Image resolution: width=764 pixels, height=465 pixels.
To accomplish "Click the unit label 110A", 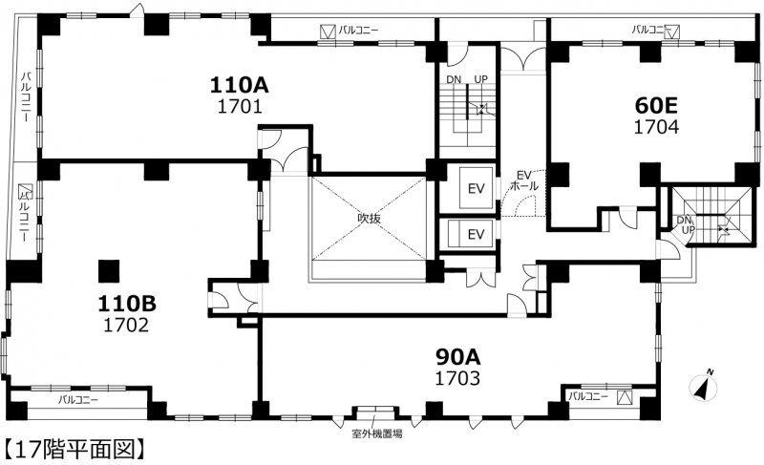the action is click(240, 85).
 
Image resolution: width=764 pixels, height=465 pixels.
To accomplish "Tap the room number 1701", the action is click(240, 106).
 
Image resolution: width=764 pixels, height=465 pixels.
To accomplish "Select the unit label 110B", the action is click(127, 304).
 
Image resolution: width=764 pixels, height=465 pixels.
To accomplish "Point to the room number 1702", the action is click(126, 325).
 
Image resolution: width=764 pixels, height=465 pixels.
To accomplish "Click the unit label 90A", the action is click(458, 357).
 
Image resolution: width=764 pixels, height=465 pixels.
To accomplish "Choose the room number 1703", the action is click(457, 378).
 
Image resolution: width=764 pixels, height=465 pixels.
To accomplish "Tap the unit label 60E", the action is click(656, 105).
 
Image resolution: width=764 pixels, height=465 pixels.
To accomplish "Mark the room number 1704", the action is click(656, 127).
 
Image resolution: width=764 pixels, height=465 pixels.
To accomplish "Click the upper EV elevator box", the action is click(476, 188).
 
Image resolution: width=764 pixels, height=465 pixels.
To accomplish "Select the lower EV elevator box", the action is click(476, 235).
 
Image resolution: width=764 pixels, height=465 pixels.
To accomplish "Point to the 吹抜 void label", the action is click(369, 219).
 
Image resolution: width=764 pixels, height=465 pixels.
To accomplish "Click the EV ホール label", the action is click(524, 180).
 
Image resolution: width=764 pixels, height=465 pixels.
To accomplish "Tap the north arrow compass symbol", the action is click(703, 386).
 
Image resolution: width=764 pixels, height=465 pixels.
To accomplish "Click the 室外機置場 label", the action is click(376, 433).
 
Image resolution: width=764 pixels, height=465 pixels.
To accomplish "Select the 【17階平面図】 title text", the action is click(74, 450).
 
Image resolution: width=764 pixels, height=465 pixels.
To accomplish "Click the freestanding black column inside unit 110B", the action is click(109, 271).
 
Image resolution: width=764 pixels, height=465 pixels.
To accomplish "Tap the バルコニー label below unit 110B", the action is click(78, 400).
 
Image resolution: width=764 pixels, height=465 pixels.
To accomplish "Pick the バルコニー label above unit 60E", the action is click(649, 30).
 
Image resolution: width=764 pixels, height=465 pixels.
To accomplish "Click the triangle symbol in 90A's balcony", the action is click(625, 398).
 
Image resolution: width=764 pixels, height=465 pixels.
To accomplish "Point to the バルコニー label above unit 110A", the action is click(359, 31).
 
